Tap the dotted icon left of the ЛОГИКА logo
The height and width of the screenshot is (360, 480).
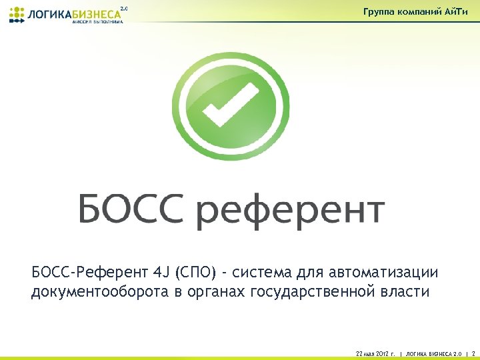point(15,15)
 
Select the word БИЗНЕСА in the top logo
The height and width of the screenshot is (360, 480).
point(96,14)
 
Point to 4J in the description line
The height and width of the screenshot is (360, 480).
point(161,273)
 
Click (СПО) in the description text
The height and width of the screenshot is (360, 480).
point(195,273)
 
